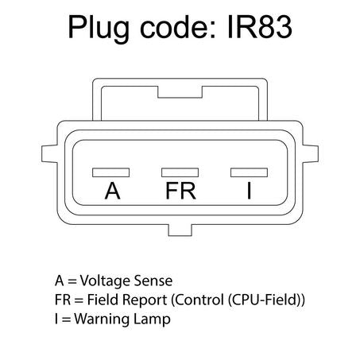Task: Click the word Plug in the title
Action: point(99,28)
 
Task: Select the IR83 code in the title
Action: point(260,27)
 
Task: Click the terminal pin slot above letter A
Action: point(111,172)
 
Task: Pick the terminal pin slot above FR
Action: point(180,172)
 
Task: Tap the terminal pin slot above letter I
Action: point(249,172)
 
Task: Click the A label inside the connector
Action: point(112,191)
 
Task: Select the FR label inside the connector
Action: point(180,191)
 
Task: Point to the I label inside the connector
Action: point(249,191)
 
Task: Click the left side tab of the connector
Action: point(49,153)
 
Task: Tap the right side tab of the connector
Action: point(311,153)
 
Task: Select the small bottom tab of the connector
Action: point(180,230)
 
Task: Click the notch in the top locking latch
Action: point(180,92)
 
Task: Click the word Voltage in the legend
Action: point(106,281)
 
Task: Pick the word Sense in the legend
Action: point(153,281)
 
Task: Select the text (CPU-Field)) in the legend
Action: point(266,300)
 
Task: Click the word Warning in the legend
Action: point(102,319)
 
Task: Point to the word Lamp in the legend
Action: point(152,319)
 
